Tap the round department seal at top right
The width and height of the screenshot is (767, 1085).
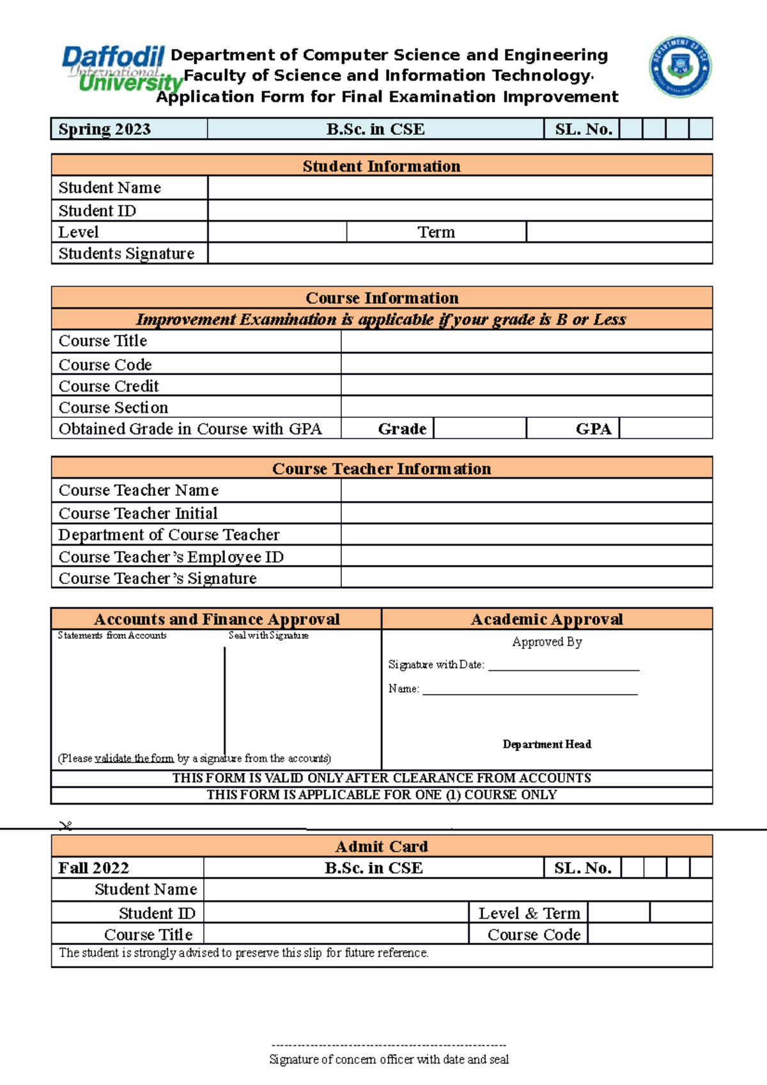(680, 66)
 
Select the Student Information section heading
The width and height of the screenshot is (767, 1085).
(382, 166)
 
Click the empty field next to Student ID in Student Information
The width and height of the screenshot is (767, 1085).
(460, 210)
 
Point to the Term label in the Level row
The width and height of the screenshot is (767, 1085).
(436, 232)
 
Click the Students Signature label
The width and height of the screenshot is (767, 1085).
(127, 254)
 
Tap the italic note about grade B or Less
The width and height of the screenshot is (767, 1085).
(382, 319)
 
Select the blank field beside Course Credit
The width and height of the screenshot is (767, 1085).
(526, 385)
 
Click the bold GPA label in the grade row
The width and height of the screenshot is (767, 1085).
(593, 429)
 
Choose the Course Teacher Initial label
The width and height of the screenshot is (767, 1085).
(138, 513)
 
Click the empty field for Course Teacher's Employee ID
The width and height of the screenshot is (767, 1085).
(526, 556)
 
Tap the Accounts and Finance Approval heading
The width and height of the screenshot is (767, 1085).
(217, 619)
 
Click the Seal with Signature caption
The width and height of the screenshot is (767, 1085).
(268, 635)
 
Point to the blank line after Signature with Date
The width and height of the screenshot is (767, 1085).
(563, 666)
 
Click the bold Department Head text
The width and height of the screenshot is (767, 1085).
(546, 744)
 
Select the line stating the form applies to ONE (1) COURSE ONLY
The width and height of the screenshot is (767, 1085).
(382, 795)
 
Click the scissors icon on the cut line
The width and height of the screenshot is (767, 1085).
(65, 826)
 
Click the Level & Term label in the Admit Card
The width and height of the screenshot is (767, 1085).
(529, 913)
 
